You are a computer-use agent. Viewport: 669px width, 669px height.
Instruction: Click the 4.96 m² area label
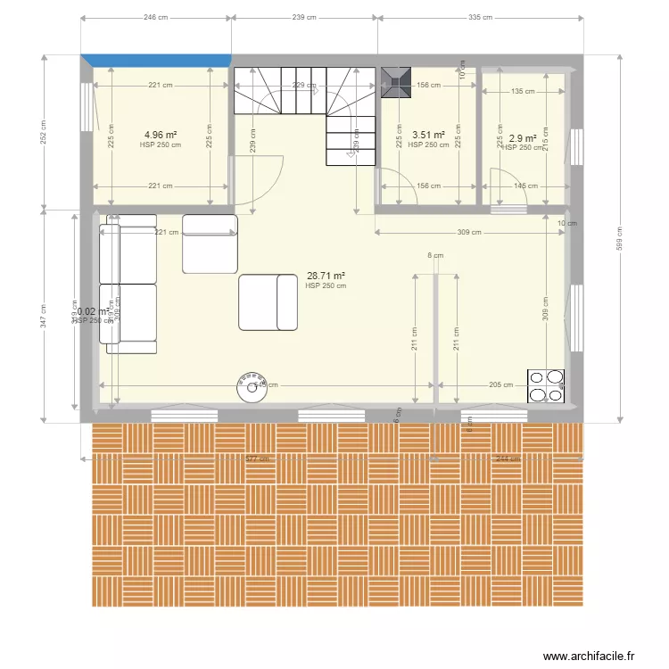coord(161,136)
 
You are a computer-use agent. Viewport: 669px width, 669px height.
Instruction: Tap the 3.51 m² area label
coord(428,136)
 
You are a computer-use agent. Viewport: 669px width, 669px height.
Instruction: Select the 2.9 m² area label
coord(522,138)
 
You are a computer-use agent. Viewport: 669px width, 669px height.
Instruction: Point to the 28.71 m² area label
coord(326,277)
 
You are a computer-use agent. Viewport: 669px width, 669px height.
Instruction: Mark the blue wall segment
coord(156,60)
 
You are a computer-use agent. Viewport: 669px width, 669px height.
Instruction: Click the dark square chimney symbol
coord(395,81)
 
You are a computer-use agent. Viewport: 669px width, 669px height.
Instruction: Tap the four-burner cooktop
coord(546,386)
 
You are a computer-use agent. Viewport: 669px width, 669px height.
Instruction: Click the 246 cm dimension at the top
coord(156,17)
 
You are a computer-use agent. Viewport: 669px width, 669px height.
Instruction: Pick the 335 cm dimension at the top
coord(480,17)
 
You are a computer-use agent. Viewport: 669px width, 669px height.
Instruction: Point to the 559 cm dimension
coord(619,236)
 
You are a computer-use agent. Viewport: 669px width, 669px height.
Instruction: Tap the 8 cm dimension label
coord(434,256)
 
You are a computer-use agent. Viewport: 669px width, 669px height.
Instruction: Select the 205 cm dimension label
coord(501,385)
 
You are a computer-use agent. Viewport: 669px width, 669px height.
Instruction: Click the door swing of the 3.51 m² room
coord(400,189)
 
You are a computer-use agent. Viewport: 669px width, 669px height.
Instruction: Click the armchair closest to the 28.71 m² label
coord(268,302)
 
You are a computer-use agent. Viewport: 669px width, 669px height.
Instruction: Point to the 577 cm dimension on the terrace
coord(257,459)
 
